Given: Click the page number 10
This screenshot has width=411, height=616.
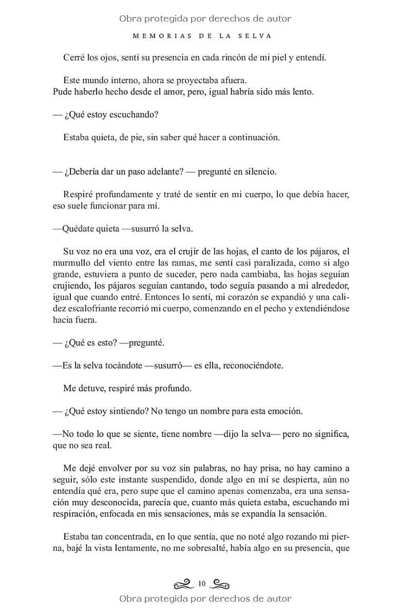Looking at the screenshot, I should tap(201, 584).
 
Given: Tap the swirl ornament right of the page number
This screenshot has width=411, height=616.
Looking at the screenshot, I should tap(220, 584).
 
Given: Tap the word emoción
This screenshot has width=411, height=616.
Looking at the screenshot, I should tap(286, 411).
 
